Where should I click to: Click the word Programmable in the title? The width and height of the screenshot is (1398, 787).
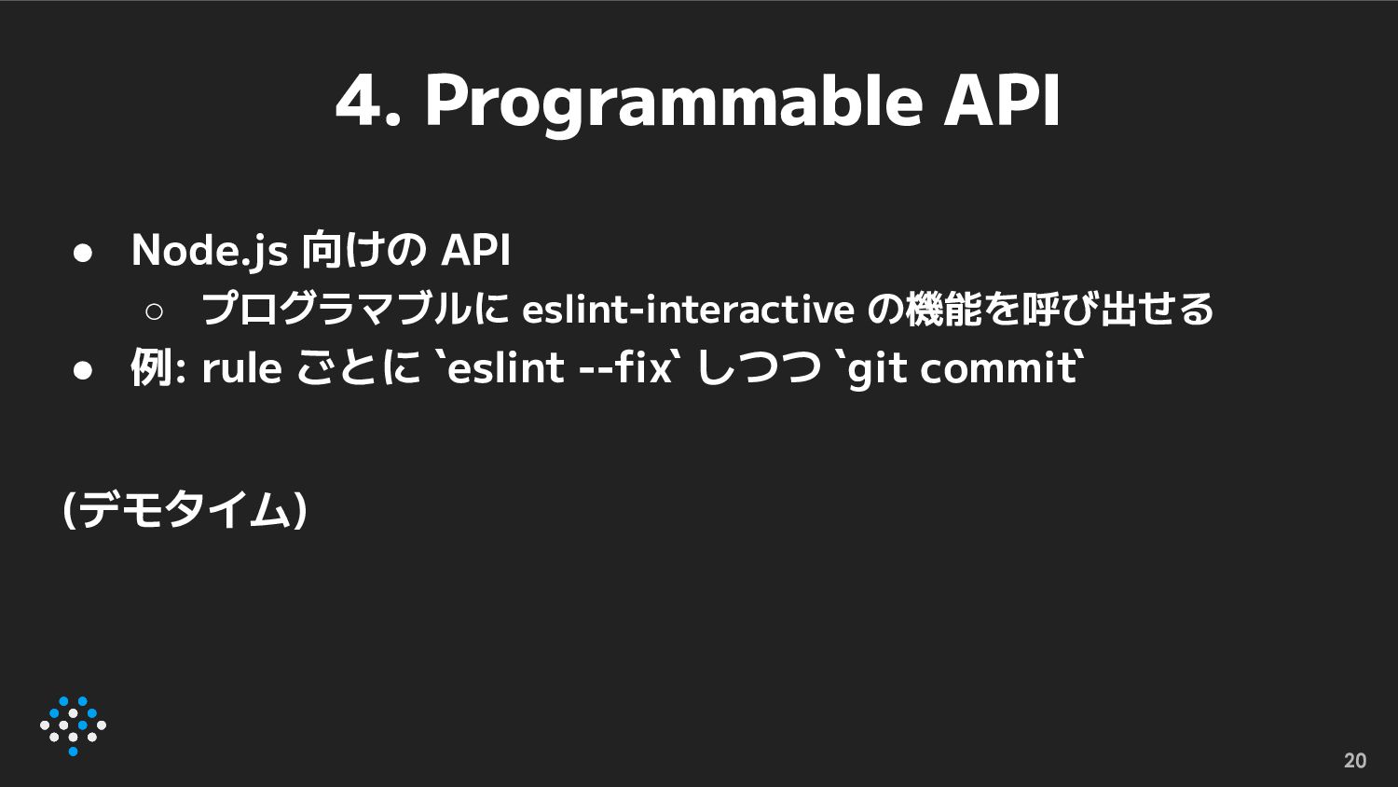[x=674, y=104]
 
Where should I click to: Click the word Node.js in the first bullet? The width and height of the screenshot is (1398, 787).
[x=210, y=251]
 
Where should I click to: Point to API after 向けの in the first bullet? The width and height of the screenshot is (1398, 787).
[x=475, y=250]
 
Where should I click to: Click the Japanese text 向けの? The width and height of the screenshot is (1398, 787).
[x=363, y=250]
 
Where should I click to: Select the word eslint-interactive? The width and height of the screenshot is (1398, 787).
[x=688, y=309]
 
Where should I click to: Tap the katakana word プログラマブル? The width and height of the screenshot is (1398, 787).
[x=338, y=309]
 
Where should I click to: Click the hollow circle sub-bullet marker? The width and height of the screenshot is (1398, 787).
[x=154, y=311]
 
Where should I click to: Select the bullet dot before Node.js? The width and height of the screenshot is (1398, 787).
[x=83, y=253]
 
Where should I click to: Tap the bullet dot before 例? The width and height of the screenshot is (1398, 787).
[x=83, y=370]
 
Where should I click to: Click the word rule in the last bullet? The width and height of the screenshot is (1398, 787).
[x=241, y=367]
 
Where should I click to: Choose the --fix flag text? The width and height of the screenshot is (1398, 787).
[x=625, y=367]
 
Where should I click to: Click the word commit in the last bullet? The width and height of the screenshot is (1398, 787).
[x=997, y=368]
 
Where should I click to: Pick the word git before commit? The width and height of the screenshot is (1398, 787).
[x=878, y=370]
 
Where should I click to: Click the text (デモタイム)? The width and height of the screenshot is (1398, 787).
[x=185, y=510]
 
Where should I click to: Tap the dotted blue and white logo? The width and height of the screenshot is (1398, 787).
[x=73, y=725]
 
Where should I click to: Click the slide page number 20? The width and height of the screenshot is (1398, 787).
[x=1355, y=760]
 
